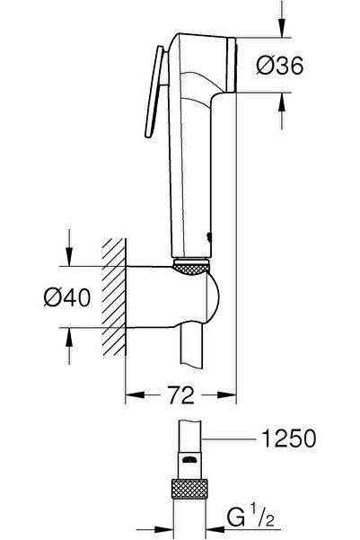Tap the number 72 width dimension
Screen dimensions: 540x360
tap(180, 392)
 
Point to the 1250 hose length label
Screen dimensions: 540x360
tap(288, 440)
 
